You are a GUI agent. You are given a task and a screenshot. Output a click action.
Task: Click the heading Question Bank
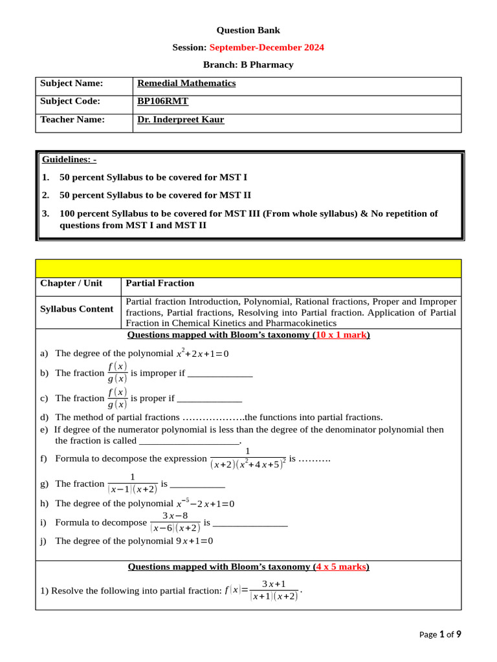[248, 30]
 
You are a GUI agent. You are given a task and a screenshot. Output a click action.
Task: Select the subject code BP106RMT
[162, 101]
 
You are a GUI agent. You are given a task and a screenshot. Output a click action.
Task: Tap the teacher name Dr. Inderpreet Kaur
[181, 119]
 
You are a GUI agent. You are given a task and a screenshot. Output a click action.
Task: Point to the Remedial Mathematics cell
[186, 83]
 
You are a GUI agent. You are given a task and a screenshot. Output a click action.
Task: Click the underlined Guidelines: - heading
[69, 159]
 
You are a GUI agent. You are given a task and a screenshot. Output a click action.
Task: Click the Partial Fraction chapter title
[160, 283]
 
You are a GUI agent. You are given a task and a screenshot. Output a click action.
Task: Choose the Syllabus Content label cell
[76, 309]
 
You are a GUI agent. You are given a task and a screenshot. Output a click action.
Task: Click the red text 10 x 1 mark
[342, 335]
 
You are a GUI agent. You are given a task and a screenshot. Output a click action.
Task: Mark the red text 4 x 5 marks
[340, 566]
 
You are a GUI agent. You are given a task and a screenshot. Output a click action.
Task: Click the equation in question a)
[203, 354]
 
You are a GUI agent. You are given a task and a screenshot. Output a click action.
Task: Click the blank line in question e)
[190, 441]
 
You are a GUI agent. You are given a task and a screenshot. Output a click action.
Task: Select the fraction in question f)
[248, 459]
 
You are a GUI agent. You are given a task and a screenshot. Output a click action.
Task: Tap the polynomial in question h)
[205, 504]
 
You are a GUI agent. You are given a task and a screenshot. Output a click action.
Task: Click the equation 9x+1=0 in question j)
[194, 540]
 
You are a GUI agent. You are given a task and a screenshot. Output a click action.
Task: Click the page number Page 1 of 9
[440, 634]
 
